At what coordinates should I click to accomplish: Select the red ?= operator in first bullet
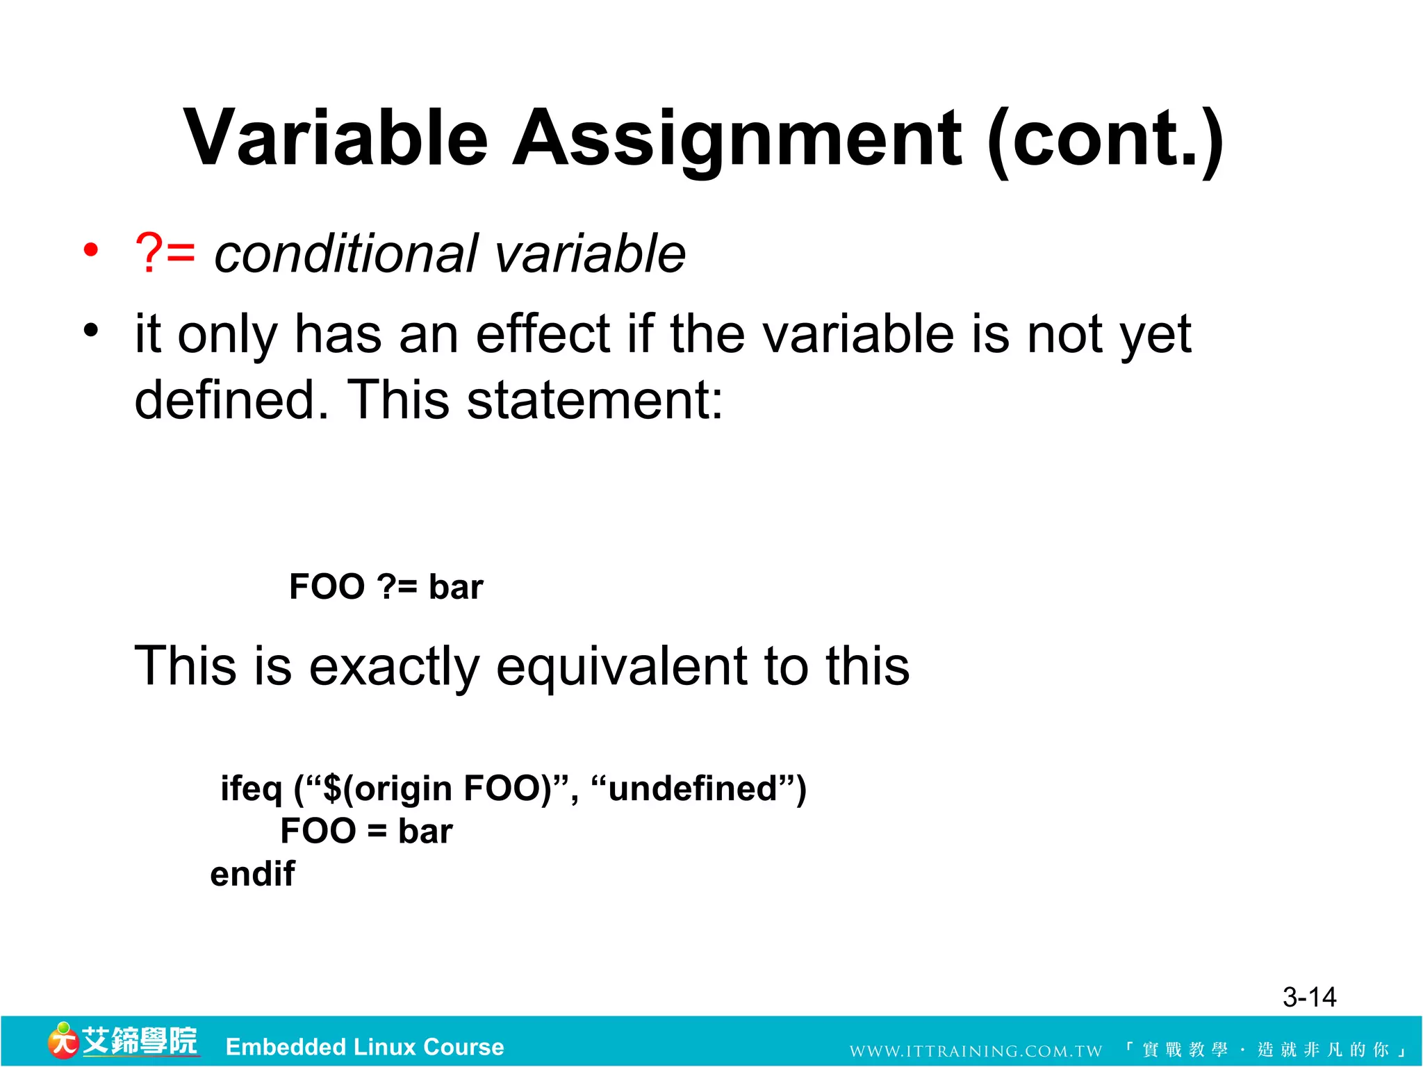tap(165, 254)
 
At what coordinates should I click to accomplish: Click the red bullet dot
tap(91, 249)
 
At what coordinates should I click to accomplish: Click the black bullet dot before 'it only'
tap(91, 330)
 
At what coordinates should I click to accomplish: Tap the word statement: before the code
tap(595, 401)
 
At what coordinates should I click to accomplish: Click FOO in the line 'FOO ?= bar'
tap(327, 587)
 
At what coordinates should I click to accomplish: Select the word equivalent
tap(622, 666)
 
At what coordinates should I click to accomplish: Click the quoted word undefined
tap(692, 789)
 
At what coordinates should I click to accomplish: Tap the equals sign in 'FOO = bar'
tap(377, 832)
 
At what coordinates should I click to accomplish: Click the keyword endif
tap(252, 874)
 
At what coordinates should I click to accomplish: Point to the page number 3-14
tap(1309, 998)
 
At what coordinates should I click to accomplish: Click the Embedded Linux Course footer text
tap(365, 1047)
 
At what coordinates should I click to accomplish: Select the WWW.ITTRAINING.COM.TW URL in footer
tap(976, 1051)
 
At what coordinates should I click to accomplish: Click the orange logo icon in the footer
tap(63, 1041)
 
